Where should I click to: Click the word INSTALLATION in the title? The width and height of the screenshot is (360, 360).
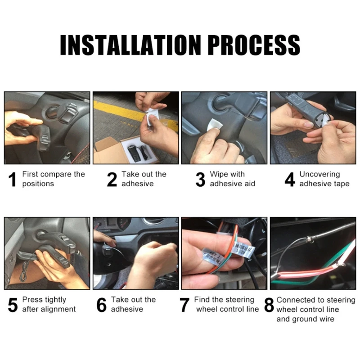pos(130,45)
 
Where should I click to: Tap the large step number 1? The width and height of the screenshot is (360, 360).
pos(13,179)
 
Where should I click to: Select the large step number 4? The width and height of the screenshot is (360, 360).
pos(290,179)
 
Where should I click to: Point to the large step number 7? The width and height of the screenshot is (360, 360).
pos(184,305)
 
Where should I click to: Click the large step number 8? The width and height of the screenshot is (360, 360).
pos(269,305)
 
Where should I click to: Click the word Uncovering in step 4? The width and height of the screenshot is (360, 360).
pos(319,175)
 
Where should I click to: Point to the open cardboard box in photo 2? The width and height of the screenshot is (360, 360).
pos(126,151)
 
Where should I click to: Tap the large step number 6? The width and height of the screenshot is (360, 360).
pos(101,305)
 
